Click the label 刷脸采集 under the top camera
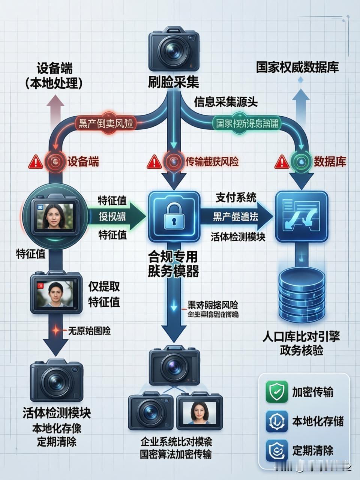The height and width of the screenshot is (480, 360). pos(174,82)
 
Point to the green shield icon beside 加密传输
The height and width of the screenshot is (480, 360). pos(277,392)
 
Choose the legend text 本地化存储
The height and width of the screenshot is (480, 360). pos(318,421)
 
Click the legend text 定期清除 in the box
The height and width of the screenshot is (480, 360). pos(313,450)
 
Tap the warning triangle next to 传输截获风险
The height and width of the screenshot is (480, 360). pos(154,162)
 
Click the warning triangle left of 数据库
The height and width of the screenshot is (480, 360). pos(282,162)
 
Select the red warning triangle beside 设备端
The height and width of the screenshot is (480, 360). pos(36,162)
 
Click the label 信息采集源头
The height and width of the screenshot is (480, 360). pos(226,102)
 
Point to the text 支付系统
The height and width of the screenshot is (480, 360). pos(236,198)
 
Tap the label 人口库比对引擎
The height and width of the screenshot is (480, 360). pos(301,336)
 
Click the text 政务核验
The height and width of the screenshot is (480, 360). pos(301,350)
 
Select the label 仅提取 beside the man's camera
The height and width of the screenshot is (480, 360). pos(104,286)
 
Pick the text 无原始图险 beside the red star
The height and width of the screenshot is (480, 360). pos(89,331)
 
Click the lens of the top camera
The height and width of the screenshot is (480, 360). pos(174,51)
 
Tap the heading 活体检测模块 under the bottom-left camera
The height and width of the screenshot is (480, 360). pos(57,413)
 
